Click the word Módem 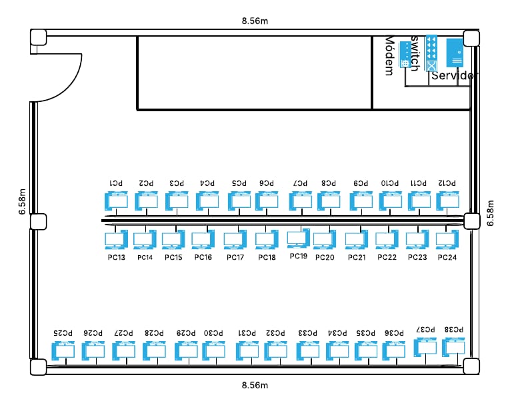[x=390, y=57]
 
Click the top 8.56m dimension [x=255, y=21]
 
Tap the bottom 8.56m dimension [x=255, y=385]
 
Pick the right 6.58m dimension [x=491, y=213]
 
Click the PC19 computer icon [x=298, y=237]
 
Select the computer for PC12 [x=447, y=200]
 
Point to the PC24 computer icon [x=447, y=238]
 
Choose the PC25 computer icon [x=63, y=350]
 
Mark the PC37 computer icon [x=426, y=346]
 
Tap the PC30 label [x=213, y=332]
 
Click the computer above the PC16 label [x=202, y=239]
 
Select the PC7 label [x=301, y=183]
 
